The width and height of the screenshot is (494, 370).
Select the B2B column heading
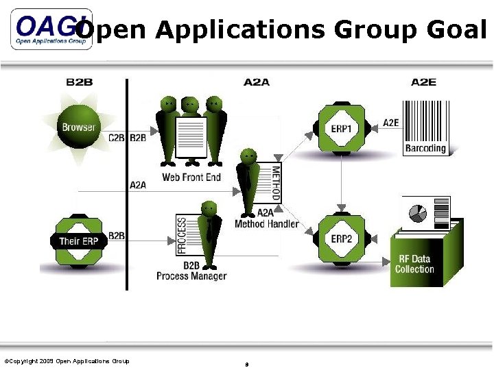click(x=79, y=82)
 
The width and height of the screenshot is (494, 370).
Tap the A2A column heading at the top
click(x=257, y=82)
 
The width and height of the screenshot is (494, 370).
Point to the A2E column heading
click(x=423, y=82)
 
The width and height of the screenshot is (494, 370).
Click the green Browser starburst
click(x=79, y=127)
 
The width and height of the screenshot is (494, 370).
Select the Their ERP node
click(x=79, y=241)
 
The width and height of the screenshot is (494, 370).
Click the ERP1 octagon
click(x=341, y=128)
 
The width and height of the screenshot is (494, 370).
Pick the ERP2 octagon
click(x=341, y=238)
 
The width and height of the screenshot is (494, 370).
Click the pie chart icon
click(x=418, y=213)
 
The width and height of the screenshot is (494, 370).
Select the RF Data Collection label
click(x=414, y=264)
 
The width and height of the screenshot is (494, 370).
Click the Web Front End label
click(x=191, y=177)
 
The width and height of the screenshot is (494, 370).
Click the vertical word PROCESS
click(x=182, y=235)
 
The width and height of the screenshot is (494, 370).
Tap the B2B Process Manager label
click(x=191, y=271)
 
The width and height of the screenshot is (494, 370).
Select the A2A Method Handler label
click(x=266, y=219)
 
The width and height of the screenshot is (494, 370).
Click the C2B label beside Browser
click(x=117, y=138)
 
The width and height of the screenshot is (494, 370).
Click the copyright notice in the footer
click(x=67, y=361)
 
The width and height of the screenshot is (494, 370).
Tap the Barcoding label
click(x=425, y=148)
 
